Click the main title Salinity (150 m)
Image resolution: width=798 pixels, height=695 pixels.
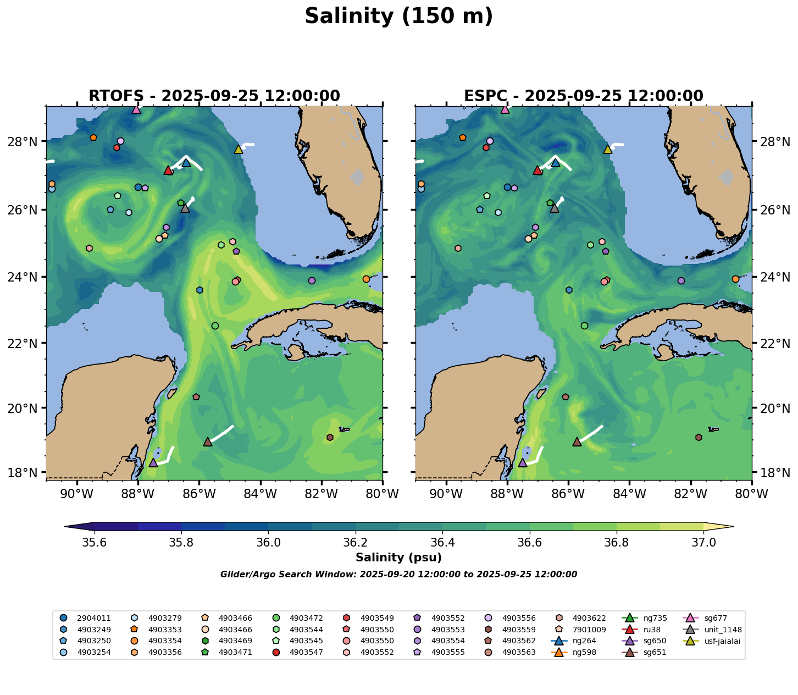tap(398, 16)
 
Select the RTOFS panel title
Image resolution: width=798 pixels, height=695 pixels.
tap(214, 96)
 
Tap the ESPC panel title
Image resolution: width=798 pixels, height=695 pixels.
tap(583, 96)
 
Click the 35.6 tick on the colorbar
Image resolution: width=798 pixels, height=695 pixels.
tap(95, 542)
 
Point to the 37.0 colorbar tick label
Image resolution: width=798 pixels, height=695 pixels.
tap(703, 542)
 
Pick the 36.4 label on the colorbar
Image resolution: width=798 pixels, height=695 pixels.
tap(442, 542)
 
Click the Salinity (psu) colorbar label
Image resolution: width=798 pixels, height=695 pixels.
tap(398, 558)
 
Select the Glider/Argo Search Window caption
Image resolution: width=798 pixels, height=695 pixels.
tap(398, 575)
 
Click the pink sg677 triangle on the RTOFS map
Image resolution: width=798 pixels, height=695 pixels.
tap(136, 109)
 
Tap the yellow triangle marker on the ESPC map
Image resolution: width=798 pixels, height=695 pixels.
tap(607, 149)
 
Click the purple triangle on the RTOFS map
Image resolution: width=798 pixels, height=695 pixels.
tap(153, 462)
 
